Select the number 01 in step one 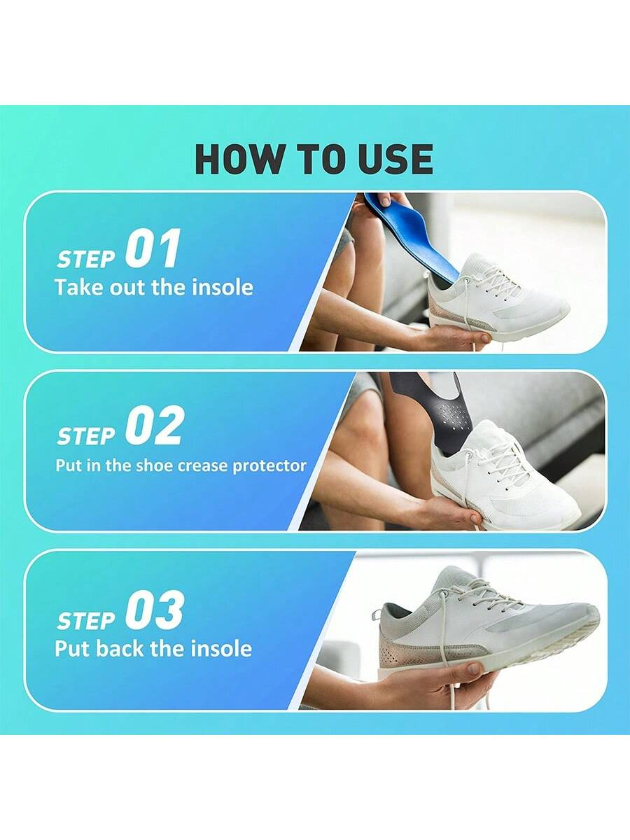click(x=152, y=248)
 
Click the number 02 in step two click(x=153, y=426)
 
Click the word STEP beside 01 click(x=86, y=259)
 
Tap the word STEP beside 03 click(x=86, y=621)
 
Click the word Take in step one click(x=79, y=288)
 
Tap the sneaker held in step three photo click(x=486, y=622)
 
